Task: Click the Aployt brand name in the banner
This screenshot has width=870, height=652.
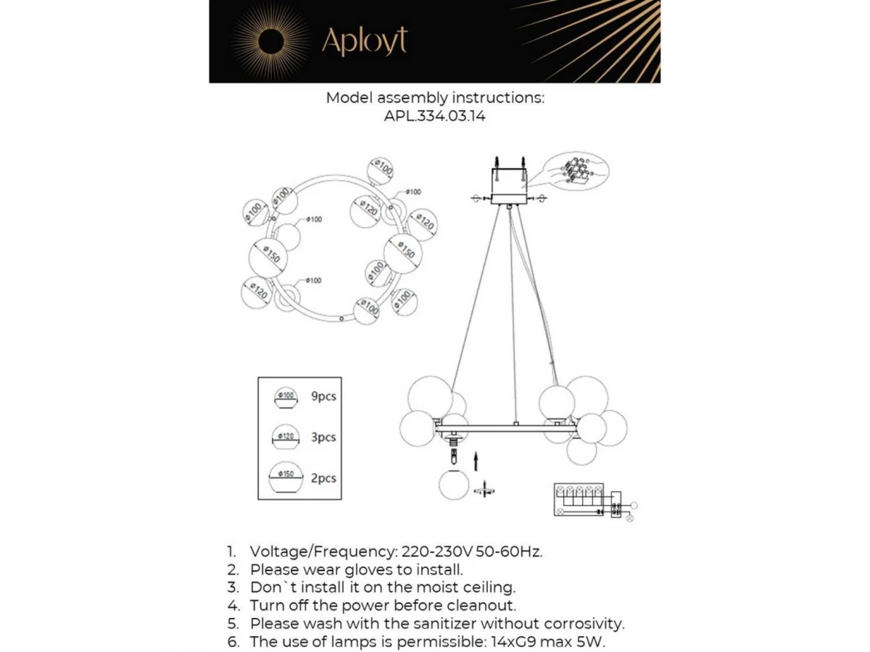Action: point(364,41)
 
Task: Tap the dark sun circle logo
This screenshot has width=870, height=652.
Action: point(271,41)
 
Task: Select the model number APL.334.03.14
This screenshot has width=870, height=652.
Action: point(434,116)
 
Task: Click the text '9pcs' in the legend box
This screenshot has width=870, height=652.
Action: point(323,396)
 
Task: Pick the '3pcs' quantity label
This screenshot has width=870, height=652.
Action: point(323,438)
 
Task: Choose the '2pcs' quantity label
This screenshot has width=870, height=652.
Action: point(323,479)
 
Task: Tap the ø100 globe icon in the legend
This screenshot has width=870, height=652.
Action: point(286,396)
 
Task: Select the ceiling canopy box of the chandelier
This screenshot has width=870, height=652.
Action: point(510,185)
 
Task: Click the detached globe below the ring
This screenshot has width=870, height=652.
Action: point(454,485)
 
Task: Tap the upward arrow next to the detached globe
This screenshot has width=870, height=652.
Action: point(476,461)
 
